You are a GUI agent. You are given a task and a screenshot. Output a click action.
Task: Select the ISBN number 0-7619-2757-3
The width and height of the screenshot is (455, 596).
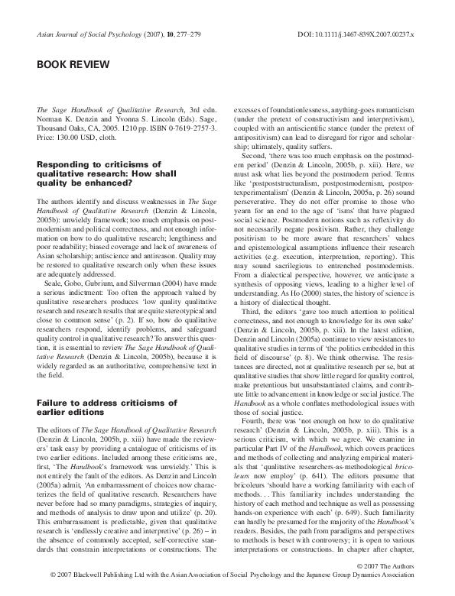(182, 130)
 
